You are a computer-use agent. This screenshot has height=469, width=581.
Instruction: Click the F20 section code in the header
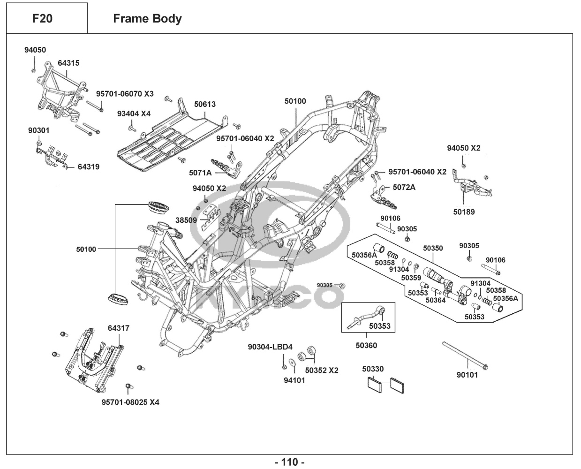coord(42,19)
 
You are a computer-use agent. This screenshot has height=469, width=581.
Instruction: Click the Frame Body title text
coord(147,19)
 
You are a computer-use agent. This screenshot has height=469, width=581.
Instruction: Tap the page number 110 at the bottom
coord(289,462)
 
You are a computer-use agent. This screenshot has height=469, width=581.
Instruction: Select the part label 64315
coord(68,63)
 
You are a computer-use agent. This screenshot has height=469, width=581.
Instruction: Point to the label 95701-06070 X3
coord(125,94)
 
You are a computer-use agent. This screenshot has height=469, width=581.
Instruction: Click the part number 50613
coord(205,104)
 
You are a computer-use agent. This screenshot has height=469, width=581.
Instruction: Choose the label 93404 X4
coord(134,113)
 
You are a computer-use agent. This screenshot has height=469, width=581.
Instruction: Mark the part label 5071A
coord(200,173)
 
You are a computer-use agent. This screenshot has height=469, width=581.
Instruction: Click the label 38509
coord(186,219)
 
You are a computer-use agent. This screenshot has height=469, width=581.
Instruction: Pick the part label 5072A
coord(404,187)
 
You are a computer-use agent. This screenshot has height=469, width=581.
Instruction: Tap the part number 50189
coord(464,212)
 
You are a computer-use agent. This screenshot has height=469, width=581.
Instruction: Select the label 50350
coord(433,248)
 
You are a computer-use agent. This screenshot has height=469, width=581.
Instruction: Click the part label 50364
coord(436,300)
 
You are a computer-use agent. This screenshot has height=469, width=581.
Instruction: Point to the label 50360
coord(366,346)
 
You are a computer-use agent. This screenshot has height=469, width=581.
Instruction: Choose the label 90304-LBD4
coord(270,347)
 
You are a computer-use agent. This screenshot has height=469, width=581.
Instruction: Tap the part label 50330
coord(373,369)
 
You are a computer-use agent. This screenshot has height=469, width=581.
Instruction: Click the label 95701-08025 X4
coord(130,402)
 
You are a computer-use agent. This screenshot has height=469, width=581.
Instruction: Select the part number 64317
coord(119,329)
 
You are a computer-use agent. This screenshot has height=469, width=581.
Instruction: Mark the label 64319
coord(89,166)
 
